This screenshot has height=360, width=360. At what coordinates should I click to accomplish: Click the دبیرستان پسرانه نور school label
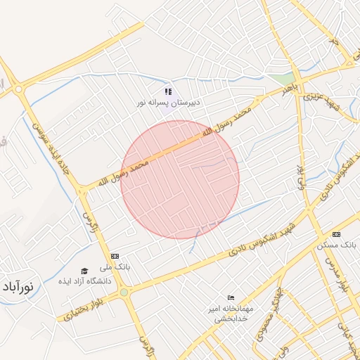coord(169,102)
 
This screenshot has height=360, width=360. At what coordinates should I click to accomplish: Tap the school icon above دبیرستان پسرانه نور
coord(168,91)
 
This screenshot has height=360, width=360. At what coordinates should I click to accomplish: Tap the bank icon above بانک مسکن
coord(337,234)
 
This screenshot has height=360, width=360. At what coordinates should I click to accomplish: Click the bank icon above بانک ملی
coord(115,256)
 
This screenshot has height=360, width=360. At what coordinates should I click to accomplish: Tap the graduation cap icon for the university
coord(84,271)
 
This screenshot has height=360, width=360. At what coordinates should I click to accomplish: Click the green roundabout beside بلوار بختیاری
coord(124,292)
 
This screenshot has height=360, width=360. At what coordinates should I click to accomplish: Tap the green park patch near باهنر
coord(283,79)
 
